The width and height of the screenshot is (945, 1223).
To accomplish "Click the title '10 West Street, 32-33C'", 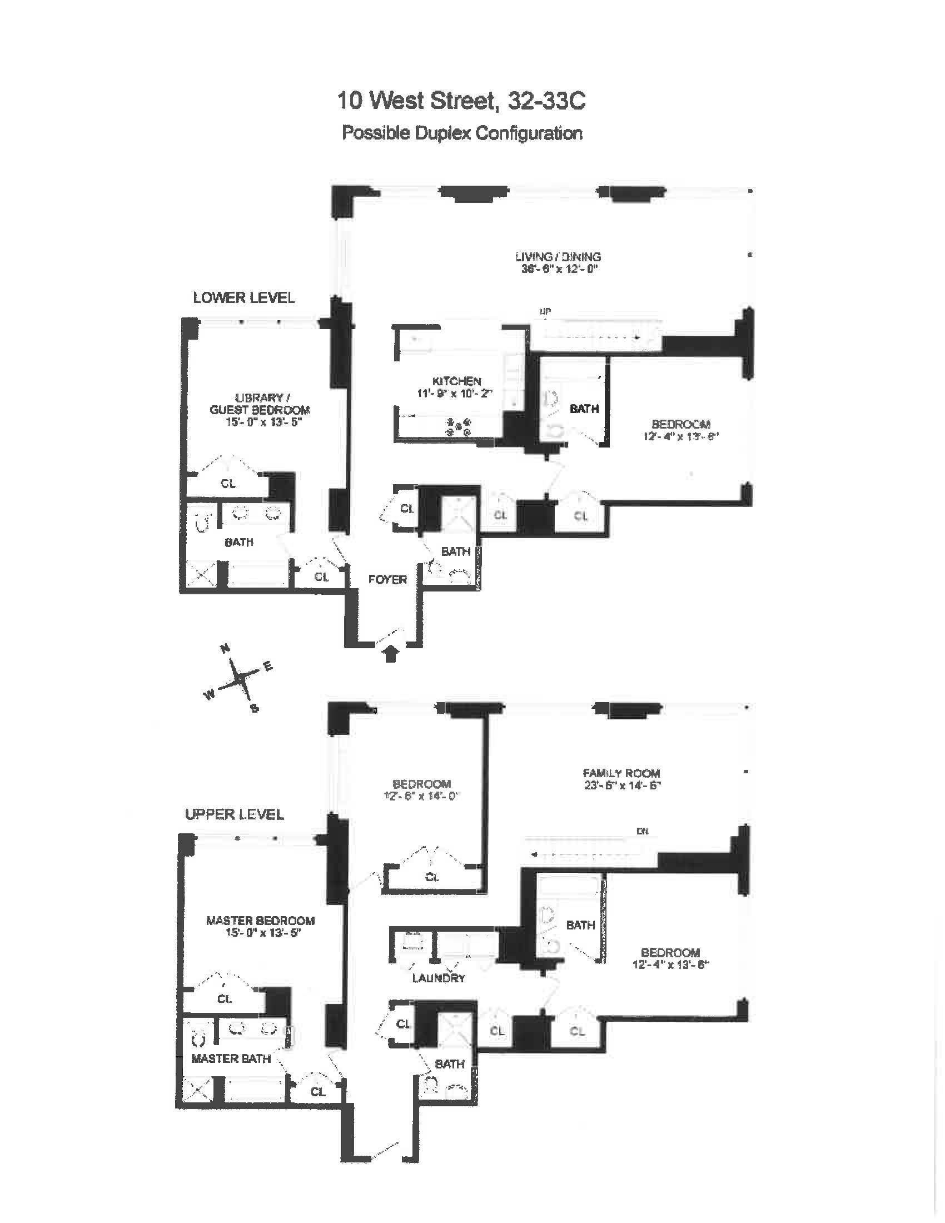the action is [461, 101].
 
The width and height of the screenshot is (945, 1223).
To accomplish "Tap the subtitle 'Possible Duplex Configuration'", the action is [462, 133].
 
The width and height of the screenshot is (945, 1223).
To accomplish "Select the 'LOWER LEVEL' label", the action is [243, 298].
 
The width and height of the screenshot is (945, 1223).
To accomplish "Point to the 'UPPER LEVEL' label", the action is [234, 814].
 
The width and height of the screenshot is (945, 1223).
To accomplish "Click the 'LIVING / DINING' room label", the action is [558, 257].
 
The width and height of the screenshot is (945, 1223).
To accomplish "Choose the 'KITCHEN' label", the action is [456, 381].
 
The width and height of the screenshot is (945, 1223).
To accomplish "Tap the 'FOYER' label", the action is [387, 580].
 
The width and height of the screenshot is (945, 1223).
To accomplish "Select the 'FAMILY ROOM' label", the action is [621, 773].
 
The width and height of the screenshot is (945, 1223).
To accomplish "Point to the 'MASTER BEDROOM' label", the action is [260, 921].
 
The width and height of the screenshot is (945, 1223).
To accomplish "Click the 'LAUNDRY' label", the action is [439, 978].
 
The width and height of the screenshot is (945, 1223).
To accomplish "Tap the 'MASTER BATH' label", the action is [231, 1058].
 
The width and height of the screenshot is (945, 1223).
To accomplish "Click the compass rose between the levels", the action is [240, 679].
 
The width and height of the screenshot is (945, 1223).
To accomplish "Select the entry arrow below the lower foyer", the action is [391, 654].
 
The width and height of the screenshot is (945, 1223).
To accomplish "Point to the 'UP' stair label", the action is [544, 311].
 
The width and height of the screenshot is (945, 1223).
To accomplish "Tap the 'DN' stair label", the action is [642, 832].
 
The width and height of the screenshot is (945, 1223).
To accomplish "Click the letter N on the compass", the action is [225, 649].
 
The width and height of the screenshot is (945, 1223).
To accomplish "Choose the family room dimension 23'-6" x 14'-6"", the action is [622, 785].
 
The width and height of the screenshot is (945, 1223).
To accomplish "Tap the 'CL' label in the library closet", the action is [228, 483].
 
